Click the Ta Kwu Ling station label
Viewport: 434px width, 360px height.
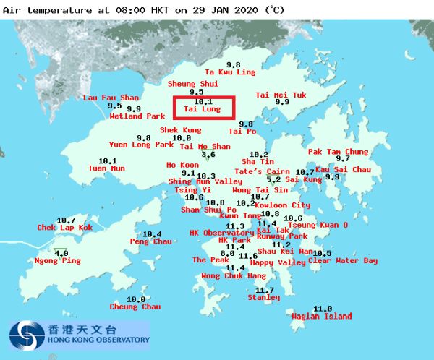230,72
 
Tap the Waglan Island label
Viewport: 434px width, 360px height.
321,317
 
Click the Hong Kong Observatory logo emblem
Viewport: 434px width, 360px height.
25,335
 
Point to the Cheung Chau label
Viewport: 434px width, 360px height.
135,307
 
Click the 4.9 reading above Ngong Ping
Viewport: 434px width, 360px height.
61,253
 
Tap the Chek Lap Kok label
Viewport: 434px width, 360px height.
65,228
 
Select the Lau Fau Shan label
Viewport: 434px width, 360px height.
111,98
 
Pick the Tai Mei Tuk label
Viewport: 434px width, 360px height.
281,95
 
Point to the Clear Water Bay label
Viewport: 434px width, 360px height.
343,261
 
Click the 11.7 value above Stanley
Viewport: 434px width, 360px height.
265,291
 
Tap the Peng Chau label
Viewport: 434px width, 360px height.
151,241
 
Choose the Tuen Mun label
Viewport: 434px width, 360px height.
106,168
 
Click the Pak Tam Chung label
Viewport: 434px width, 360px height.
339,152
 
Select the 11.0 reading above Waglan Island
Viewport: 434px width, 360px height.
323,309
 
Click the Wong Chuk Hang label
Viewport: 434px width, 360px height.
234,276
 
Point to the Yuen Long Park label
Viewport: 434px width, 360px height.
141,145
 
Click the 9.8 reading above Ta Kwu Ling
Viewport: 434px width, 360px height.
233,64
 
